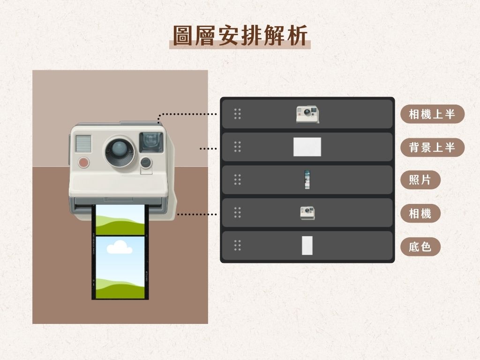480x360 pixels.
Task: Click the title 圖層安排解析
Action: click(240, 36)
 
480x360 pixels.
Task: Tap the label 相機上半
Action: click(432, 114)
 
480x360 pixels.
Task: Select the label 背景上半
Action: click(432, 148)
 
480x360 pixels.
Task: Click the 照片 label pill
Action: click(420, 180)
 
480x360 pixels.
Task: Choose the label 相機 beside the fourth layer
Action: click(420, 213)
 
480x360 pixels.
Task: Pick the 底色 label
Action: click(420, 247)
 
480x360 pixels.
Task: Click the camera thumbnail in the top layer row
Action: click(307, 114)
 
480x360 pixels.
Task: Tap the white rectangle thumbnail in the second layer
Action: click(307, 147)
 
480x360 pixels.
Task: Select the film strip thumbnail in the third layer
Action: click(307, 180)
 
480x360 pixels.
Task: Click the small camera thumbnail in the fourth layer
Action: click(307, 213)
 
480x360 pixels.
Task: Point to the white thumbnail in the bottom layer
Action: click(307, 246)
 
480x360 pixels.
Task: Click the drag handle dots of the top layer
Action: click(237, 114)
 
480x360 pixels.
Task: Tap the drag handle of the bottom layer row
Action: click(237, 245)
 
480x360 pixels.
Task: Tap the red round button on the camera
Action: click(83, 162)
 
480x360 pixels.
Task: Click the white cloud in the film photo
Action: click(119, 247)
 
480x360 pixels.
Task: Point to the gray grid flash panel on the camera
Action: click(83, 143)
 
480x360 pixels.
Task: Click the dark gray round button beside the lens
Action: click(146, 162)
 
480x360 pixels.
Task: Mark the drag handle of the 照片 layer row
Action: click(237, 180)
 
